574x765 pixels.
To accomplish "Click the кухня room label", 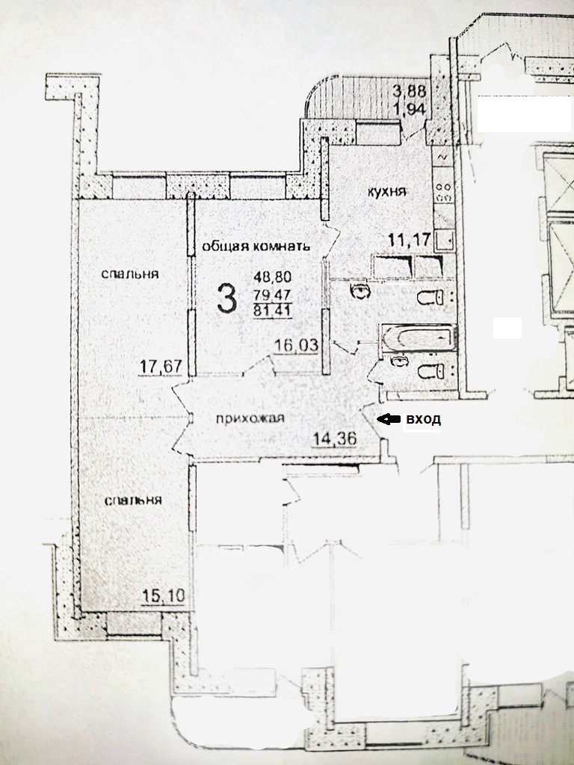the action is click(x=386, y=192).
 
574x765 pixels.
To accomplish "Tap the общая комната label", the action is click(x=256, y=246).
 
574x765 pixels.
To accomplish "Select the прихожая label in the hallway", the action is click(x=250, y=418).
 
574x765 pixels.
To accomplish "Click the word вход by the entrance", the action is click(x=424, y=418).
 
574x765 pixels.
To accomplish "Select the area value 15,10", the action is click(x=163, y=596).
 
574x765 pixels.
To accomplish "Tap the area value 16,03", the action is click(x=296, y=345).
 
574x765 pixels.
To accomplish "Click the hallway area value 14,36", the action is click(x=334, y=439).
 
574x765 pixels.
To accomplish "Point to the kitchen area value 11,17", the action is click(x=410, y=240).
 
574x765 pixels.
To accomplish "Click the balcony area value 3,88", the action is click(x=410, y=90).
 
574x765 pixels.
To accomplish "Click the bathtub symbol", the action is click(x=419, y=338).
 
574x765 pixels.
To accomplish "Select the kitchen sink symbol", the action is click(x=445, y=241).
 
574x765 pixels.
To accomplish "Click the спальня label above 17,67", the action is click(x=130, y=273).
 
